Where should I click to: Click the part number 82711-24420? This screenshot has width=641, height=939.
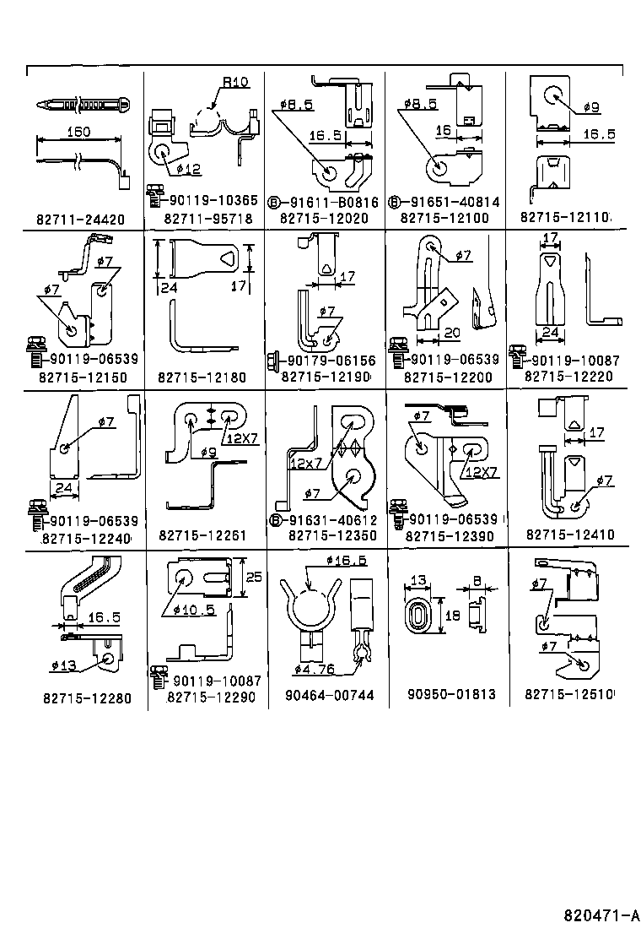point(80,220)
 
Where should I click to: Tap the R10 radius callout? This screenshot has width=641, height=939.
point(235,83)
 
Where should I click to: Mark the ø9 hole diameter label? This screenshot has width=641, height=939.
point(590,108)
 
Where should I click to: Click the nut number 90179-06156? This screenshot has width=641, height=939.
point(326,359)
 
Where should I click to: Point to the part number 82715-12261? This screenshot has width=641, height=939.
point(202,535)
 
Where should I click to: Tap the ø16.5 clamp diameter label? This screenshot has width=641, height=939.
point(346,561)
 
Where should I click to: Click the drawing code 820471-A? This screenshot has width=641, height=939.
point(601,915)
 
